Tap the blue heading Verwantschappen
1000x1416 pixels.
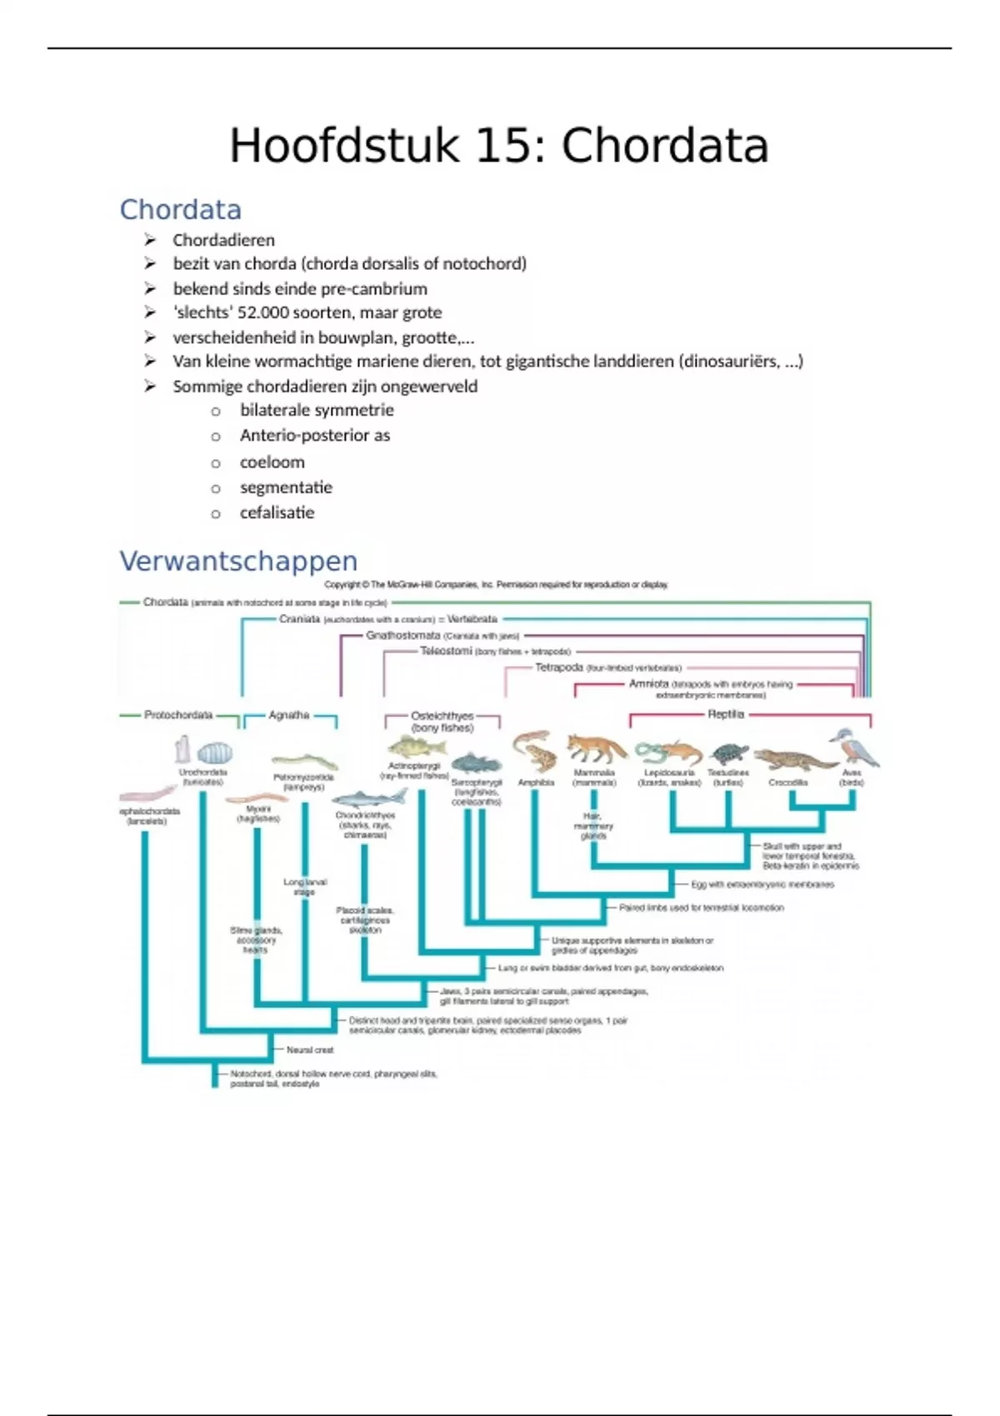(x=238, y=561)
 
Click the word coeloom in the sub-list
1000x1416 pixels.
(x=272, y=461)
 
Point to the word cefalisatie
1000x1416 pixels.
(x=277, y=512)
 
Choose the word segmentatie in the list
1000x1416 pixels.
(x=286, y=487)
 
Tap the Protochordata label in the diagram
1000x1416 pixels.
(x=178, y=715)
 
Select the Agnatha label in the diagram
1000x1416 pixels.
(x=289, y=715)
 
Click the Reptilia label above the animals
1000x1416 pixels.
(x=725, y=714)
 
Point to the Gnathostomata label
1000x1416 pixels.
(x=402, y=635)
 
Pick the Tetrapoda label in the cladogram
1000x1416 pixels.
(x=558, y=667)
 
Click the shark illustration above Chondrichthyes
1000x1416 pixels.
(x=370, y=799)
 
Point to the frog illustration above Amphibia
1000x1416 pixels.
(x=534, y=751)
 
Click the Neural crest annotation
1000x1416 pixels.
(x=310, y=1050)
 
